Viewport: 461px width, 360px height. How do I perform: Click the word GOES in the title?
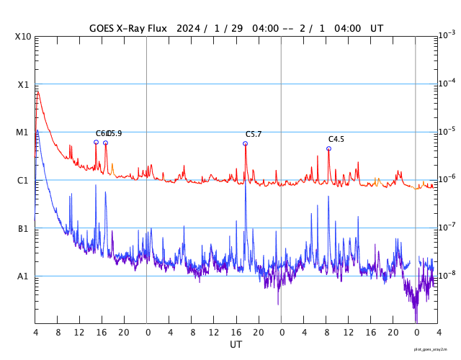click(x=102, y=28)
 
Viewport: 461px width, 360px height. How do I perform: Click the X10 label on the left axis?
click(x=23, y=36)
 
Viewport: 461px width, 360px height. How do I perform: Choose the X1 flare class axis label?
click(x=23, y=84)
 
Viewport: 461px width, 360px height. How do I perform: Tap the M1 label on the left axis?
click(x=23, y=132)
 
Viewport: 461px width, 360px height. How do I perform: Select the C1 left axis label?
click(x=23, y=180)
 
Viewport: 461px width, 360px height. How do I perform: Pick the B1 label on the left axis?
click(x=23, y=228)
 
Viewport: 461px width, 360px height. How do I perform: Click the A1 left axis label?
click(x=23, y=276)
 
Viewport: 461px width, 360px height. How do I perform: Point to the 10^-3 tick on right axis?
click(x=446, y=35)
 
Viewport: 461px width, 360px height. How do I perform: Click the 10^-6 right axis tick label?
click(x=446, y=179)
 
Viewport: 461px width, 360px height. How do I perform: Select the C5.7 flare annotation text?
click(x=254, y=135)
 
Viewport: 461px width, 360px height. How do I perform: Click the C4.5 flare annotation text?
click(x=336, y=140)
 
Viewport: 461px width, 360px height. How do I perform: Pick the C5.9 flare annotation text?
click(x=115, y=134)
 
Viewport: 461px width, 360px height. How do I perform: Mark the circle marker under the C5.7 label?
click(x=245, y=143)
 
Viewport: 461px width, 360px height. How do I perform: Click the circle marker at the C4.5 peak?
click(x=328, y=148)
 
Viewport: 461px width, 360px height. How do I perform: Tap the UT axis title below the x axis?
click(x=236, y=345)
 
